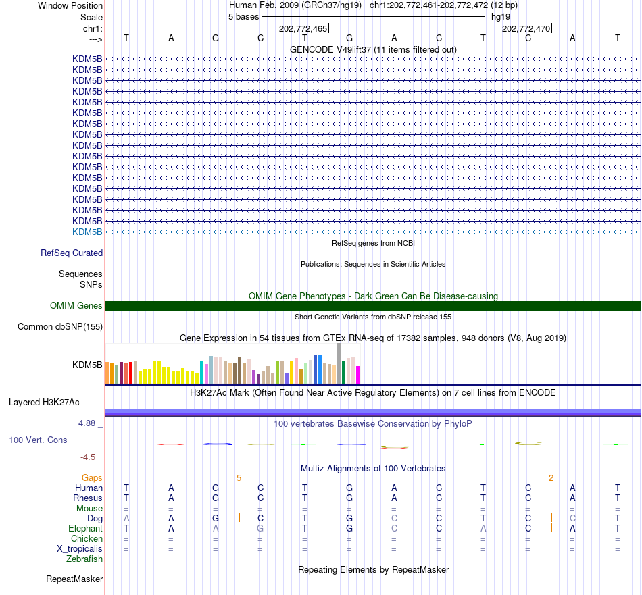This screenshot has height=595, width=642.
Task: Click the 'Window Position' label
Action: (x=70, y=5)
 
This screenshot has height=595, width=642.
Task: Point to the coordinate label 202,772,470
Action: (x=526, y=28)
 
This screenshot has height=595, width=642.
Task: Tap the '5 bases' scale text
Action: (x=243, y=17)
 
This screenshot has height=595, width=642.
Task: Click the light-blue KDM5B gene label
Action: (x=87, y=232)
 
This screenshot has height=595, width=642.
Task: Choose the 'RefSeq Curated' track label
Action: (x=72, y=253)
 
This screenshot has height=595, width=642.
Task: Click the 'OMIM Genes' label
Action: (x=76, y=306)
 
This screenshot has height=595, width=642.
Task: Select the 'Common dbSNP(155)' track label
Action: (x=60, y=327)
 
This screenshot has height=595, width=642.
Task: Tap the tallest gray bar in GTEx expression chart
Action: (x=339, y=363)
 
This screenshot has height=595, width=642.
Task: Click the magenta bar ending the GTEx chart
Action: (x=357, y=375)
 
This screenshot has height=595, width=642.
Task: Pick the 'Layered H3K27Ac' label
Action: (x=44, y=403)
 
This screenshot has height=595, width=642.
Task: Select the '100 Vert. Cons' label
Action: (x=38, y=440)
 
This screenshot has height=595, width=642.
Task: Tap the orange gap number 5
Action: (x=239, y=478)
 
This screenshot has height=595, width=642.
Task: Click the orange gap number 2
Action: (x=551, y=478)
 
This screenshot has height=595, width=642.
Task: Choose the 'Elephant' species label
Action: (x=86, y=529)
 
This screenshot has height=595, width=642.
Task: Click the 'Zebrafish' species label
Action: (x=84, y=559)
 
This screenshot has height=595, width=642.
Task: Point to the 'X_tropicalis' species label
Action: (x=80, y=549)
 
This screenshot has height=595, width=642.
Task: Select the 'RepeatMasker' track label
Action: (x=74, y=579)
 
